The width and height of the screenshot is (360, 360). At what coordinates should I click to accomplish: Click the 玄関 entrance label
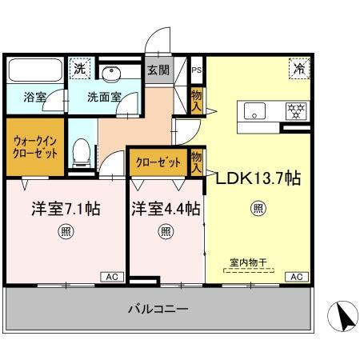pyautogui.click(x=157, y=70)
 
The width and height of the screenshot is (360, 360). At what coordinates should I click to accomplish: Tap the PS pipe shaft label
pyautogui.click(x=196, y=70)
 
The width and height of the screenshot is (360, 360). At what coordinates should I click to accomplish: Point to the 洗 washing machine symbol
pyautogui.click(x=78, y=70)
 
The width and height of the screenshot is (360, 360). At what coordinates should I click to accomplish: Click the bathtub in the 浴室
pyautogui.click(x=34, y=72)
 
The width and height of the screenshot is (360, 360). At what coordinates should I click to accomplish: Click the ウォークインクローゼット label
pyautogui.click(x=34, y=146)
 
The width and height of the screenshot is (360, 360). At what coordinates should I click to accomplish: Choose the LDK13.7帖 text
pyautogui.click(x=258, y=178)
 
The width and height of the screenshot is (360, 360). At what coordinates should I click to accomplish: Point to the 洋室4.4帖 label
pyautogui.click(x=166, y=209)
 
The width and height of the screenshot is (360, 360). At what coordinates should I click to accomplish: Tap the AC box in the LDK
pyautogui.click(x=296, y=277)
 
